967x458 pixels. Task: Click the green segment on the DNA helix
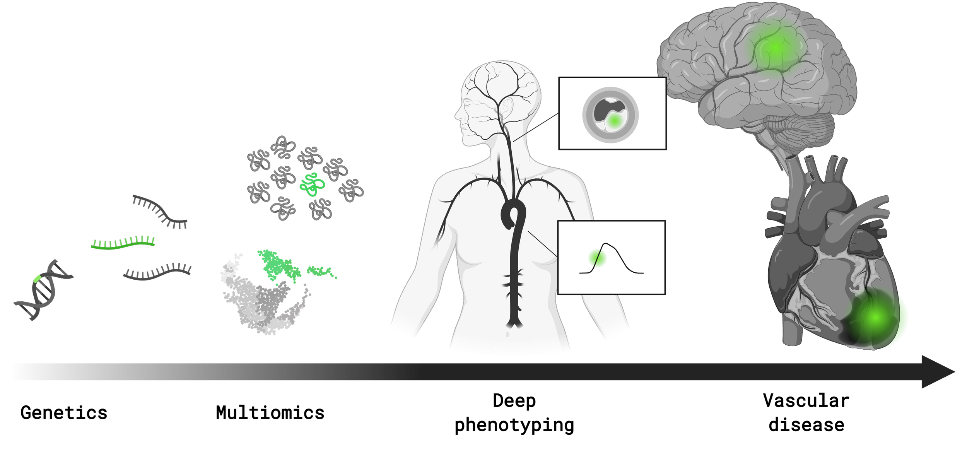(38, 279)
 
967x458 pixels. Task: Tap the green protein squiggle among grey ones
(312, 185)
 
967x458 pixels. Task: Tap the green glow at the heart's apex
(875, 317)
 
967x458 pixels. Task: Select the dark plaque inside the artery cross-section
(605, 108)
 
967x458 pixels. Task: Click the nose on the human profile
(457, 115)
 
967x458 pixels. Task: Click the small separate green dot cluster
(321, 272)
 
